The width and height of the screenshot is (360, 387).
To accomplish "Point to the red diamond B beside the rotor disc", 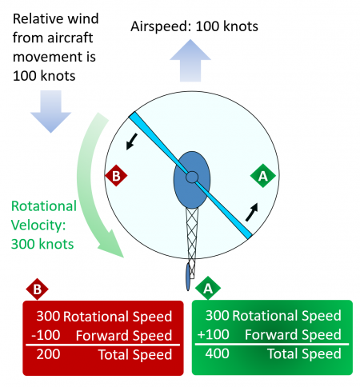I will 115,175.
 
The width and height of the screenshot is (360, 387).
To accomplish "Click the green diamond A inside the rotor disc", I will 261,175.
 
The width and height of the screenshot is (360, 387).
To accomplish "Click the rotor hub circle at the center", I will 192,177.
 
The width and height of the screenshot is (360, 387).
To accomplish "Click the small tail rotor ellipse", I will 189,277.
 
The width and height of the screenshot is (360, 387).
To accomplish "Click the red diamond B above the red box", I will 35,289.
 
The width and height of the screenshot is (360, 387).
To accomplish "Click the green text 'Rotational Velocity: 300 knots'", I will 44,223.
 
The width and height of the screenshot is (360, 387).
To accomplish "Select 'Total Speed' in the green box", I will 303,353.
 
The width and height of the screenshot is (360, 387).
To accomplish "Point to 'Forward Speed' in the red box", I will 130,335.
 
